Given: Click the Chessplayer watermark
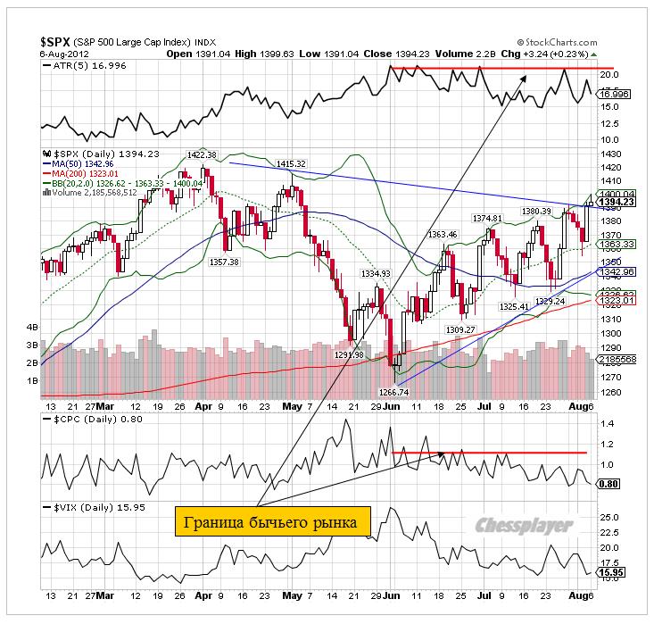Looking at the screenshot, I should click(x=523, y=526).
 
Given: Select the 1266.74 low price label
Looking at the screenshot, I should click(x=393, y=391).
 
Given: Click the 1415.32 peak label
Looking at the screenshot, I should click(x=291, y=164).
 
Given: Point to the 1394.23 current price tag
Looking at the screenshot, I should click(x=615, y=202).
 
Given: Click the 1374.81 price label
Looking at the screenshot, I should click(x=487, y=218).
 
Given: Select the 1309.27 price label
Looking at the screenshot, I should click(x=459, y=329).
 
